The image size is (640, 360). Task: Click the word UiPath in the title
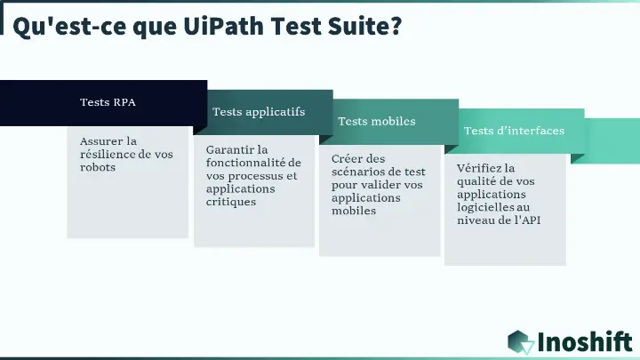coord(224,26)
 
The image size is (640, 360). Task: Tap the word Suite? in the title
coord(365,25)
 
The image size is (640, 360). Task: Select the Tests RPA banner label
coord(108,102)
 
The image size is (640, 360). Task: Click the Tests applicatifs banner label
coord(259,111)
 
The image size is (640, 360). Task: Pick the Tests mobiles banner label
coord(377,121)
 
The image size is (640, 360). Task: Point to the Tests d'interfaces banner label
coord(515,131)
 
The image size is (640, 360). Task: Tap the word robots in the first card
coord(98,167)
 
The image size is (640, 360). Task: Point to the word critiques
coord(231,202)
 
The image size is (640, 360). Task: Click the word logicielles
coord(482,207)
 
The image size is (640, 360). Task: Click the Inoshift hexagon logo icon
coord(521,342)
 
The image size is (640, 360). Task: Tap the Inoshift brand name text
coord(585,342)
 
